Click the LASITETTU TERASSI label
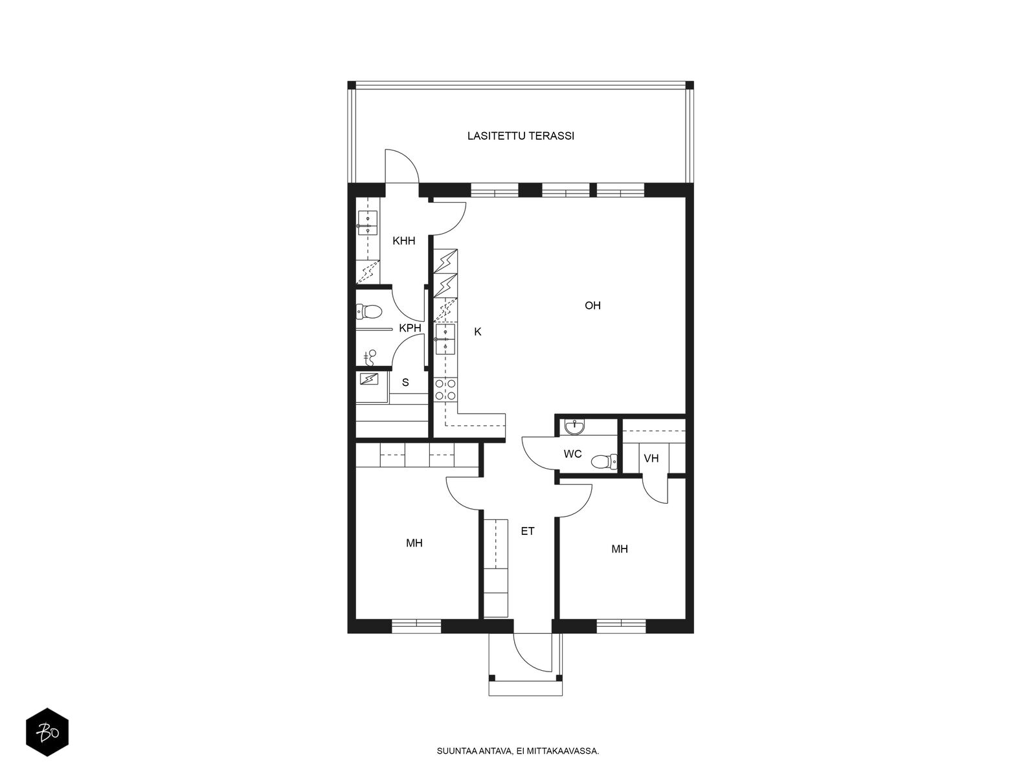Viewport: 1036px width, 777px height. click(x=521, y=136)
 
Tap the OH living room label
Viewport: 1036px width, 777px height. click(x=592, y=306)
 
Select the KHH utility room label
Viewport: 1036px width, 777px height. click(x=404, y=241)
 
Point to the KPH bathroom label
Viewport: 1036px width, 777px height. click(x=410, y=328)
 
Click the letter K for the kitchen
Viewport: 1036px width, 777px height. click(x=478, y=332)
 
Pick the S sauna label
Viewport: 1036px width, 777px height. click(x=405, y=383)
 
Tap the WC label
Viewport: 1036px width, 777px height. click(x=572, y=455)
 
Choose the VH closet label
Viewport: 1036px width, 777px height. click(x=651, y=458)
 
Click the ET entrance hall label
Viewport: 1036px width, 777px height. click(x=527, y=532)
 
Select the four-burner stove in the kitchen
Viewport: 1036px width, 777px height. click(x=445, y=390)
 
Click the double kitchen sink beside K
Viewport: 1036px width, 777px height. click(x=445, y=339)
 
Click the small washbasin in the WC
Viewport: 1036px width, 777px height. click(x=574, y=427)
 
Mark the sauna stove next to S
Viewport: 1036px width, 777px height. click(x=369, y=379)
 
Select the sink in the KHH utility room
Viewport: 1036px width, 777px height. click(x=368, y=223)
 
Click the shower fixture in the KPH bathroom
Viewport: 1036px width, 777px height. click(x=370, y=358)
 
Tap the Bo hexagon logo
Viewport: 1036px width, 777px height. click(x=47, y=732)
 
